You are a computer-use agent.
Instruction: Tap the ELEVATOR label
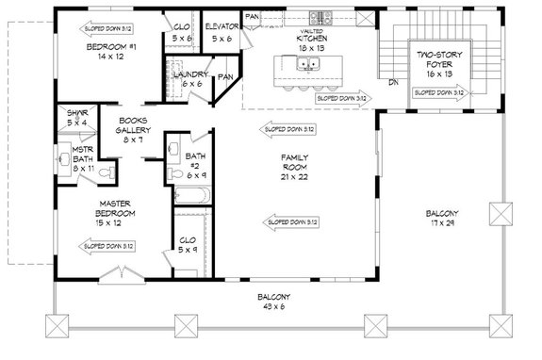[222, 33]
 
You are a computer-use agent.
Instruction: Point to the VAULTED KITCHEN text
[311, 38]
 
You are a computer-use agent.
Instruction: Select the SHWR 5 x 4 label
[77, 118]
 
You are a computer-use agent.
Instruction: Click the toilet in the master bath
[111, 171]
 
